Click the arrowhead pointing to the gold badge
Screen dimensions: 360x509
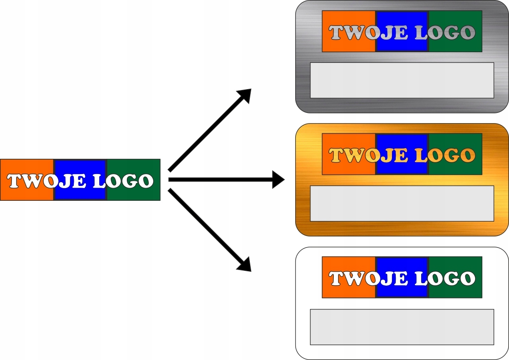click(x=278, y=180)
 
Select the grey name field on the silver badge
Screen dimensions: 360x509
click(x=402, y=80)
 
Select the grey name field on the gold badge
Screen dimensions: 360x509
click(x=402, y=203)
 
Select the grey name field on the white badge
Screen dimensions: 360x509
click(x=402, y=327)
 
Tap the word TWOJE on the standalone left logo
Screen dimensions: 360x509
click(x=45, y=181)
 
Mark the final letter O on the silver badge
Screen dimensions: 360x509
click(x=467, y=33)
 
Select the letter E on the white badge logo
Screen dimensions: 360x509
click(x=401, y=279)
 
